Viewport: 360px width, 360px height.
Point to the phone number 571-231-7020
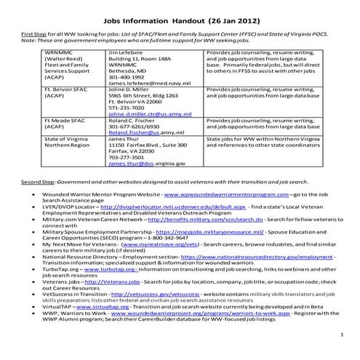click(x=125, y=107)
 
